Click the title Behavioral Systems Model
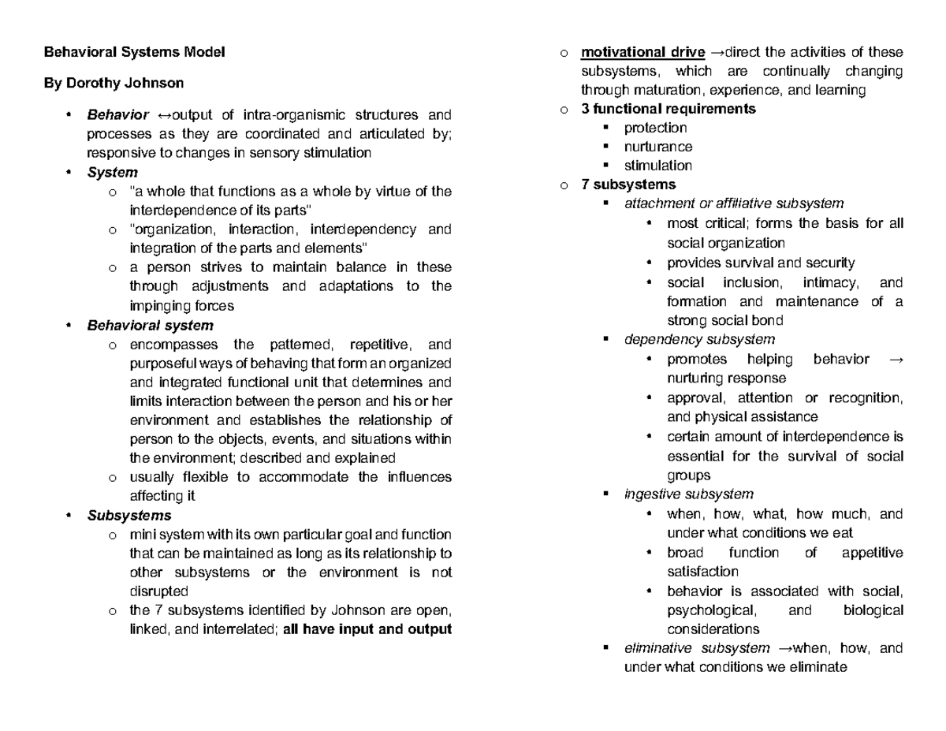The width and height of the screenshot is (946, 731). click(x=134, y=52)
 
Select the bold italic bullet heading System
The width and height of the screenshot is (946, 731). click(x=113, y=172)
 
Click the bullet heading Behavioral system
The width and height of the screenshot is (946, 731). click(x=150, y=325)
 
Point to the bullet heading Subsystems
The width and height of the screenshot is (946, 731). click(x=129, y=516)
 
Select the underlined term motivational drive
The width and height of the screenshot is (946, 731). click(x=642, y=52)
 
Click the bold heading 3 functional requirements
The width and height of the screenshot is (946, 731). click(x=668, y=109)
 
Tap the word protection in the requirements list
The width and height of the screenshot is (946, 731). click(x=655, y=128)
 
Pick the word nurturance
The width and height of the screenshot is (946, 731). click(x=658, y=147)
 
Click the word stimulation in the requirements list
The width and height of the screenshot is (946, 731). click(x=658, y=166)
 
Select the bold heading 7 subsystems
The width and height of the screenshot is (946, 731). click(x=628, y=185)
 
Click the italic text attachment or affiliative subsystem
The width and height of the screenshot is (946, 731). click(x=734, y=203)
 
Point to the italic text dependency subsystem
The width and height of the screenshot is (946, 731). click(x=699, y=339)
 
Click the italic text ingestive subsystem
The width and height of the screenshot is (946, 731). click(x=688, y=494)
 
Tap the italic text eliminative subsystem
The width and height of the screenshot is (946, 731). click(x=696, y=648)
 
